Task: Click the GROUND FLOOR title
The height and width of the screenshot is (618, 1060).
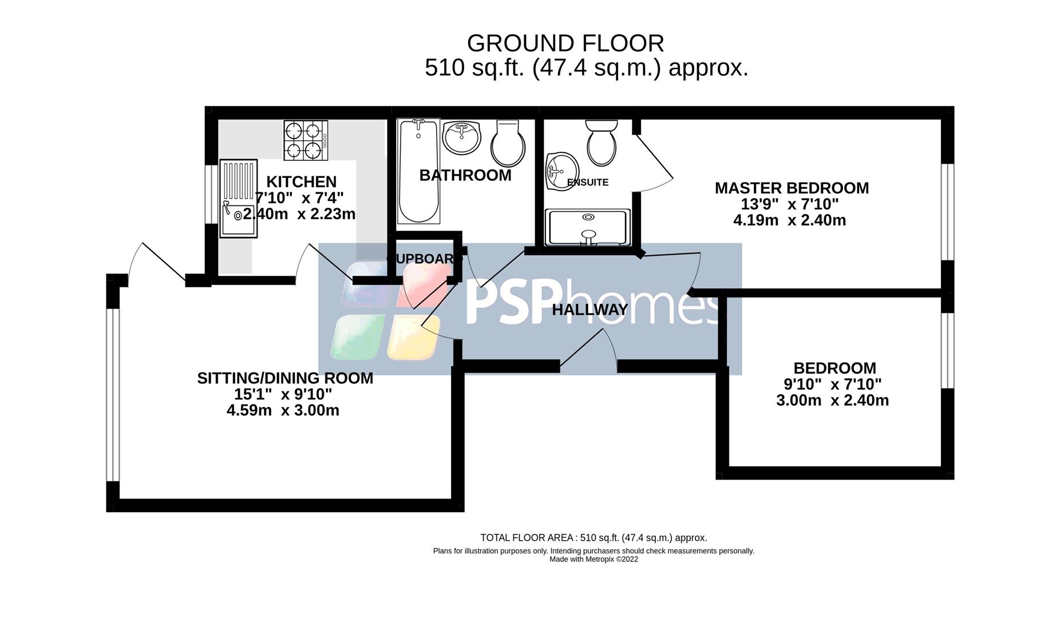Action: coord(565,43)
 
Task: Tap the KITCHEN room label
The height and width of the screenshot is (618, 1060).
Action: coord(301,182)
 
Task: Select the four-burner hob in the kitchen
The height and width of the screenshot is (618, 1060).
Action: coord(306,140)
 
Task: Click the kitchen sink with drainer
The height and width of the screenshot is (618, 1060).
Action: coord(239,198)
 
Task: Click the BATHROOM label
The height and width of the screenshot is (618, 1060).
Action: coord(465,175)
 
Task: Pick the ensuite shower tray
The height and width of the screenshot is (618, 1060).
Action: coord(588,227)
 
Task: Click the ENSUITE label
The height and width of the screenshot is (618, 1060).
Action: coord(587,183)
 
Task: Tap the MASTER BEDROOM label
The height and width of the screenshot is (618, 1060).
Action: coord(791,188)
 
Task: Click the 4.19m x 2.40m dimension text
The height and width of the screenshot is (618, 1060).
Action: coord(789,220)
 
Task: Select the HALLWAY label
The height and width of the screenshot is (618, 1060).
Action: coord(590,310)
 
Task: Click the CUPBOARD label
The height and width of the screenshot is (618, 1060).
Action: coord(425,259)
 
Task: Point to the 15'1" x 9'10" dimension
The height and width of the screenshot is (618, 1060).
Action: coord(283,394)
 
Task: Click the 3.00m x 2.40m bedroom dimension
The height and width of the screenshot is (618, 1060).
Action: coord(832,401)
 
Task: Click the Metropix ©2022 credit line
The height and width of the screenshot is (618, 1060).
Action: coord(594,559)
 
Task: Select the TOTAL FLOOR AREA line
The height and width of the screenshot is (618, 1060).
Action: coord(594,538)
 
